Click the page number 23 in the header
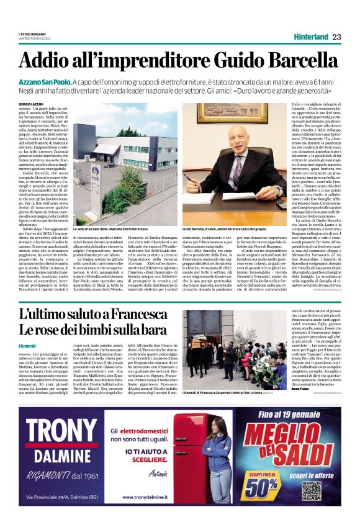coord(336,37)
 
